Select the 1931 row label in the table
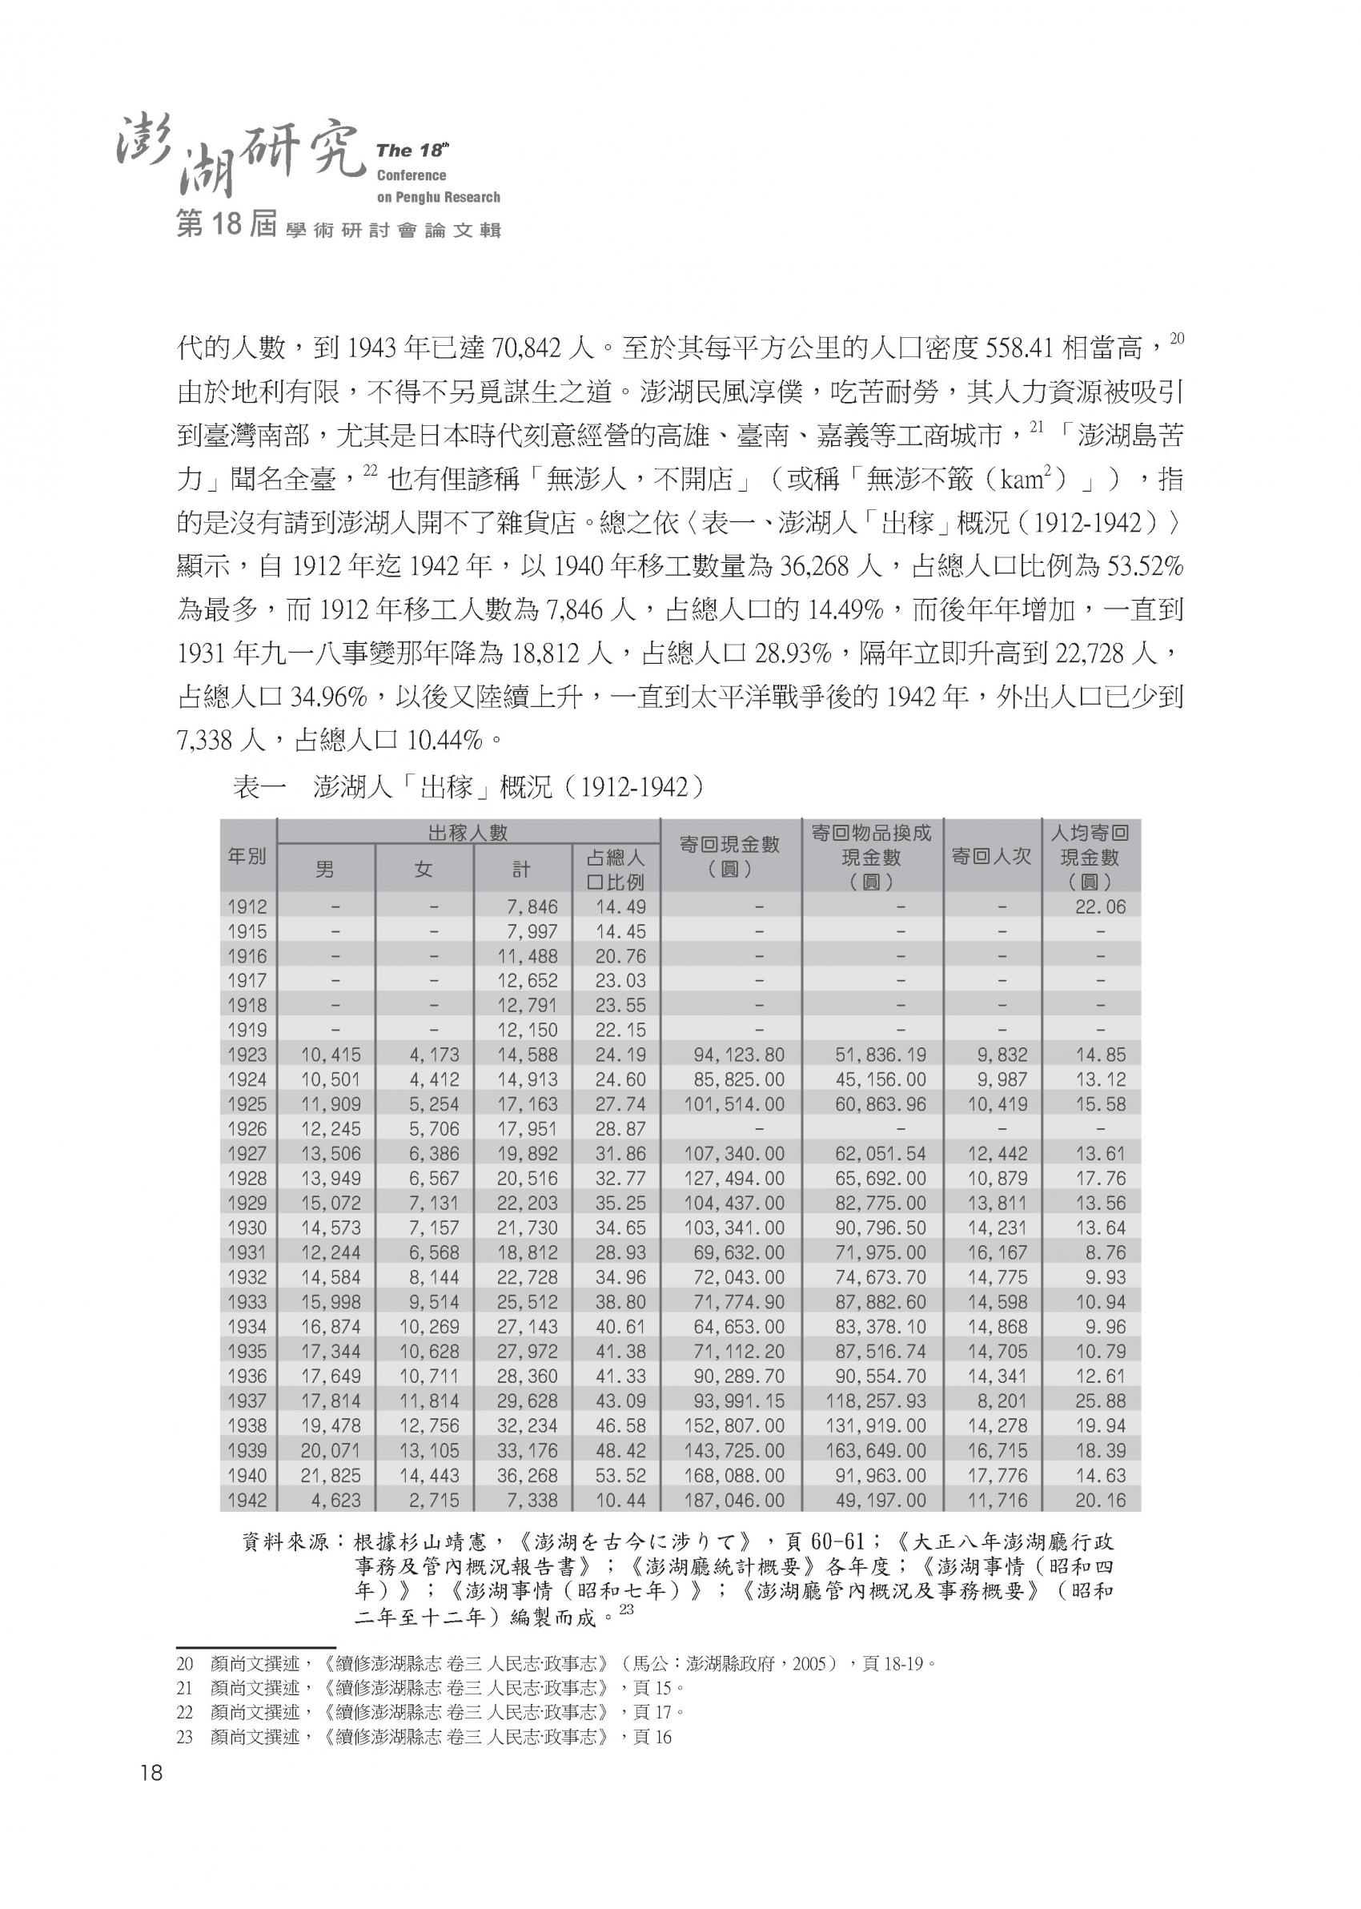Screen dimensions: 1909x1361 (247, 1252)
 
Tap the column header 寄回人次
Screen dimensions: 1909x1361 (991, 856)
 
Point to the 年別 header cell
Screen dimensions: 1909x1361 (247, 856)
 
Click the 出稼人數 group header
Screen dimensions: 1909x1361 (468, 832)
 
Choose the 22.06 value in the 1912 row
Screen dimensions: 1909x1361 (1100, 906)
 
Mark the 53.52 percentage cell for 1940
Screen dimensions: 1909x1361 (620, 1475)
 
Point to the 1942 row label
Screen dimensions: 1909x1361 (247, 1500)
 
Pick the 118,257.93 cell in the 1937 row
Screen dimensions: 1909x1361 (880, 1401)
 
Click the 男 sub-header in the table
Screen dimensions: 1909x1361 (325, 870)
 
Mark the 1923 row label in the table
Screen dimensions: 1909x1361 (247, 1055)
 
